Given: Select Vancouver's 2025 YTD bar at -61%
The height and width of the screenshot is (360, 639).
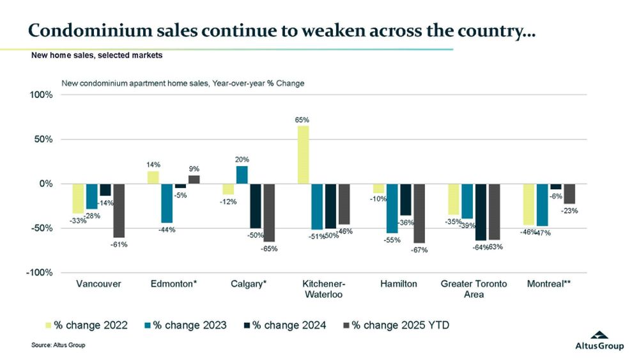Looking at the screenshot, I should (119, 210).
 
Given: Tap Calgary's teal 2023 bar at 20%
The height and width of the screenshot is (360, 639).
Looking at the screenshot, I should (242, 175).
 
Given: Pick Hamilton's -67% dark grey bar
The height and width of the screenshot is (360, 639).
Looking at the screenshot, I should (419, 214).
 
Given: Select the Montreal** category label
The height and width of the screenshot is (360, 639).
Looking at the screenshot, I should (550, 283).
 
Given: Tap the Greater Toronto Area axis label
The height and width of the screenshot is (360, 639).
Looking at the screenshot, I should (474, 288).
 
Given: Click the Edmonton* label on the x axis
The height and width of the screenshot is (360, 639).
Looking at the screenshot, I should (173, 283).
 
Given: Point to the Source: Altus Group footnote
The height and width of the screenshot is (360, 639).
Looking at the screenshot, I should (58, 345).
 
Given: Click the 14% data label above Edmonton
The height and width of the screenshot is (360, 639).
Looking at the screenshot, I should (153, 164).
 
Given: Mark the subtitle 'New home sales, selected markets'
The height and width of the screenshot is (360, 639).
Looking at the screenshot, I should (96, 56).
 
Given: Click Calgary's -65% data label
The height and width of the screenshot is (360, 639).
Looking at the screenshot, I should (269, 249).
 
